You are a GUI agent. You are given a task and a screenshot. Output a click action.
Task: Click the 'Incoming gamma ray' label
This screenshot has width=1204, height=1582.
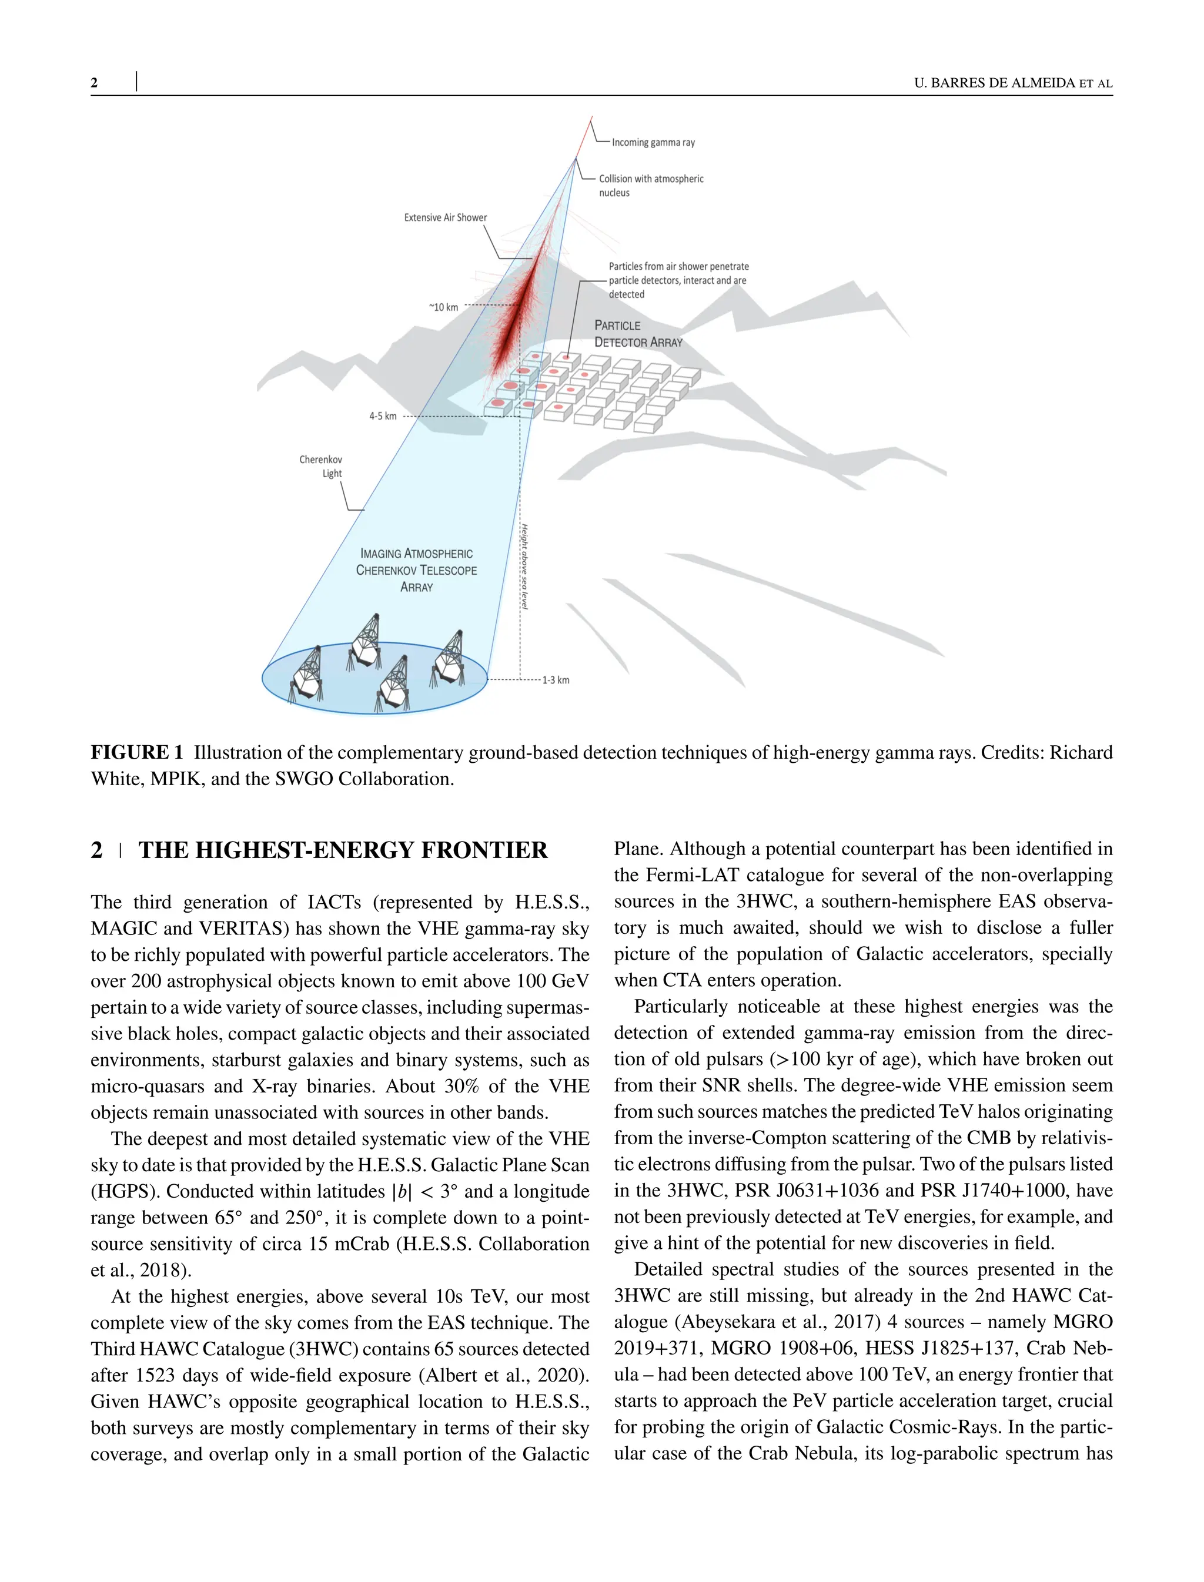pos(653,143)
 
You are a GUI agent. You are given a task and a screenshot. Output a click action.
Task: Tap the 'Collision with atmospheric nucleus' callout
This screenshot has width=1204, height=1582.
pos(651,186)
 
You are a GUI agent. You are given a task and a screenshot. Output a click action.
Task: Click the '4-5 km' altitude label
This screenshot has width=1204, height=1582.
pos(383,416)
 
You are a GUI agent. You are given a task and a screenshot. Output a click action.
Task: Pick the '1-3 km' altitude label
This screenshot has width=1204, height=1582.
pos(556,680)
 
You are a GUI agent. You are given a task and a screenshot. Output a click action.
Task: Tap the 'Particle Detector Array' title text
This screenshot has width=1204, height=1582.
pos(638,334)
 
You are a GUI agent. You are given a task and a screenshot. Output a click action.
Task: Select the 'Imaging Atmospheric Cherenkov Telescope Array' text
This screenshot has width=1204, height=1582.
pos(416,570)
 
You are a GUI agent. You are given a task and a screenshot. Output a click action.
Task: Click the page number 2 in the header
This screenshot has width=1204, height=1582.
pos(95,83)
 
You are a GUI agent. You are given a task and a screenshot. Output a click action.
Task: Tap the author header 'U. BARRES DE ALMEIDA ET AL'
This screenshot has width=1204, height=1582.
pos(1013,83)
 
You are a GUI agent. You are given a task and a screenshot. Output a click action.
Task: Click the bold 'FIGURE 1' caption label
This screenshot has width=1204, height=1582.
pos(137,752)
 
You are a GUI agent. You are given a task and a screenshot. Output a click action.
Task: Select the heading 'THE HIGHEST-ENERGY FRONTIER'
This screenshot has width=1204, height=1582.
pos(343,850)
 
